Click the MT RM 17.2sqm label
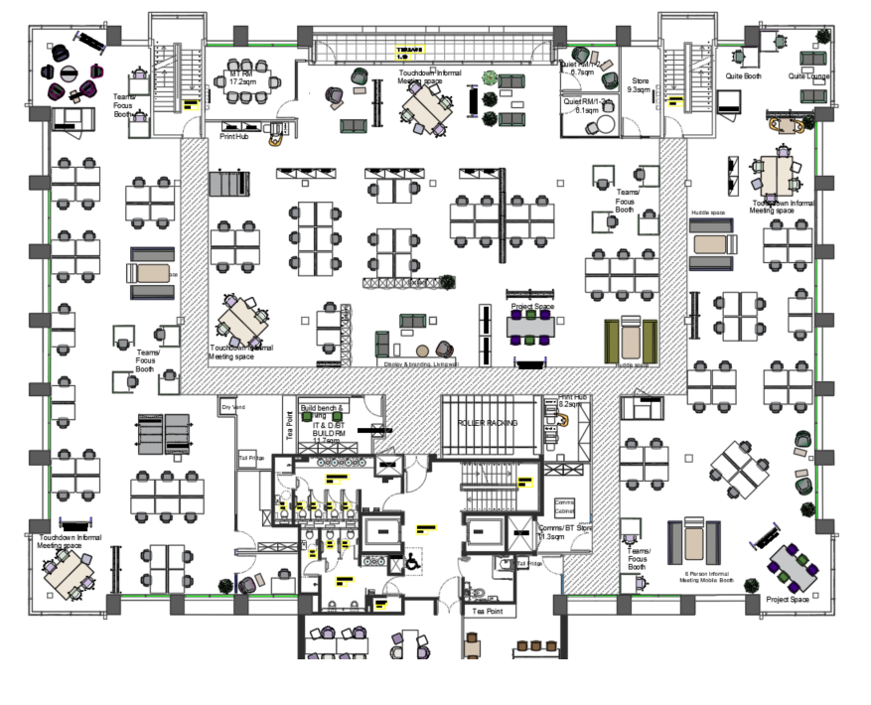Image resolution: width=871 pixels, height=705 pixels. point(243,77)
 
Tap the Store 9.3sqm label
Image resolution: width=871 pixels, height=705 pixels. point(640,85)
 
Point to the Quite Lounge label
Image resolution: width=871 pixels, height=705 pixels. point(809,76)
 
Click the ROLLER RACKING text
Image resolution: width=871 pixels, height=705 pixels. point(487,423)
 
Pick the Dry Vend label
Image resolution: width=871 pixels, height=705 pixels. point(233,407)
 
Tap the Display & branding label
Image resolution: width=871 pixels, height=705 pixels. point(421,364)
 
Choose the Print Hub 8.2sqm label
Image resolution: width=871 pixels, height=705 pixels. point(573,400)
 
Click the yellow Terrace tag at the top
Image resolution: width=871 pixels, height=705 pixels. point(410,53)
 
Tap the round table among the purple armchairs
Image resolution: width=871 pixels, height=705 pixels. point(70,73)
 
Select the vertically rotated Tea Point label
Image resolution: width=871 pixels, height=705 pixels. point(291,426)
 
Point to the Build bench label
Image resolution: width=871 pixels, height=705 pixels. point(323,408)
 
